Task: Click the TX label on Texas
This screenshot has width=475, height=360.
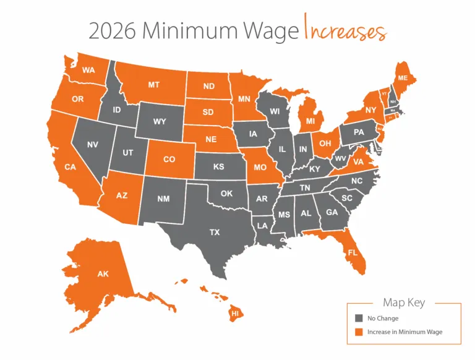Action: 214,233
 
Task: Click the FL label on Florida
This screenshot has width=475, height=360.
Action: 352,252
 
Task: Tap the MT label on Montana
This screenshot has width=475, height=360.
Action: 155,85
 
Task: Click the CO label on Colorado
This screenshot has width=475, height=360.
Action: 169,159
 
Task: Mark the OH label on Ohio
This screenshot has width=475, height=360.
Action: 324,143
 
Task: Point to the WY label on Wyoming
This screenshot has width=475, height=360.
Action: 160,121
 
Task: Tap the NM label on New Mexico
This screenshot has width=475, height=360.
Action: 163,199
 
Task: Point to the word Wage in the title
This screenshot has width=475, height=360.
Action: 270,31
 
